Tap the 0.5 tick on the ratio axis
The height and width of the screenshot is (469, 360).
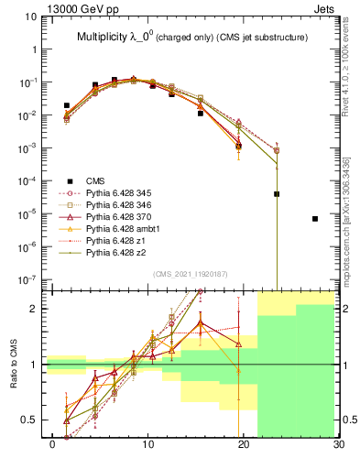pyautogui.click(x=32, y=420)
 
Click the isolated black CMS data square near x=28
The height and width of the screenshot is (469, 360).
pyautogui.click(x=315, y=219)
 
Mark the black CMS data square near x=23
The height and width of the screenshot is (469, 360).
pyautogui.click(x=277, y=194)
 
